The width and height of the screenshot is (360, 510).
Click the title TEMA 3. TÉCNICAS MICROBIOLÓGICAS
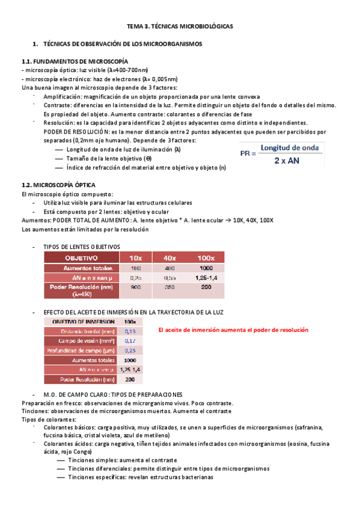pyautogui.click(x=179, y=27)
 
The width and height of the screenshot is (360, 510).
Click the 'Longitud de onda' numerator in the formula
pyautogui.click(x=292, y=147)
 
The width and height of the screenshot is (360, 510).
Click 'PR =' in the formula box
pyautogui.click(x=248, y=154)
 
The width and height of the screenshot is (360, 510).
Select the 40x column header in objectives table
pyautogui.click(x=170, y=257)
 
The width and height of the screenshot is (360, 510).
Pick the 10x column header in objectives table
pyautogui.click(x=136, y=257)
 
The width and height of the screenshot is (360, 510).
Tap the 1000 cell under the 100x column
pyautogui.click(x=206, y=267)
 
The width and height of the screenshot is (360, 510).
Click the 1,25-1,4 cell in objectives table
pyautogui.click(x=206, y=277)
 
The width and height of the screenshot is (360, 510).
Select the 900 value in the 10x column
pyautogui.click(x=136, y=287)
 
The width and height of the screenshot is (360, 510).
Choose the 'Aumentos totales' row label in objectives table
pyautogui.click(x=81, y=267)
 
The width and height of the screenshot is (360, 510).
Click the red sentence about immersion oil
pyautogui.click(x=233, y=330)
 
